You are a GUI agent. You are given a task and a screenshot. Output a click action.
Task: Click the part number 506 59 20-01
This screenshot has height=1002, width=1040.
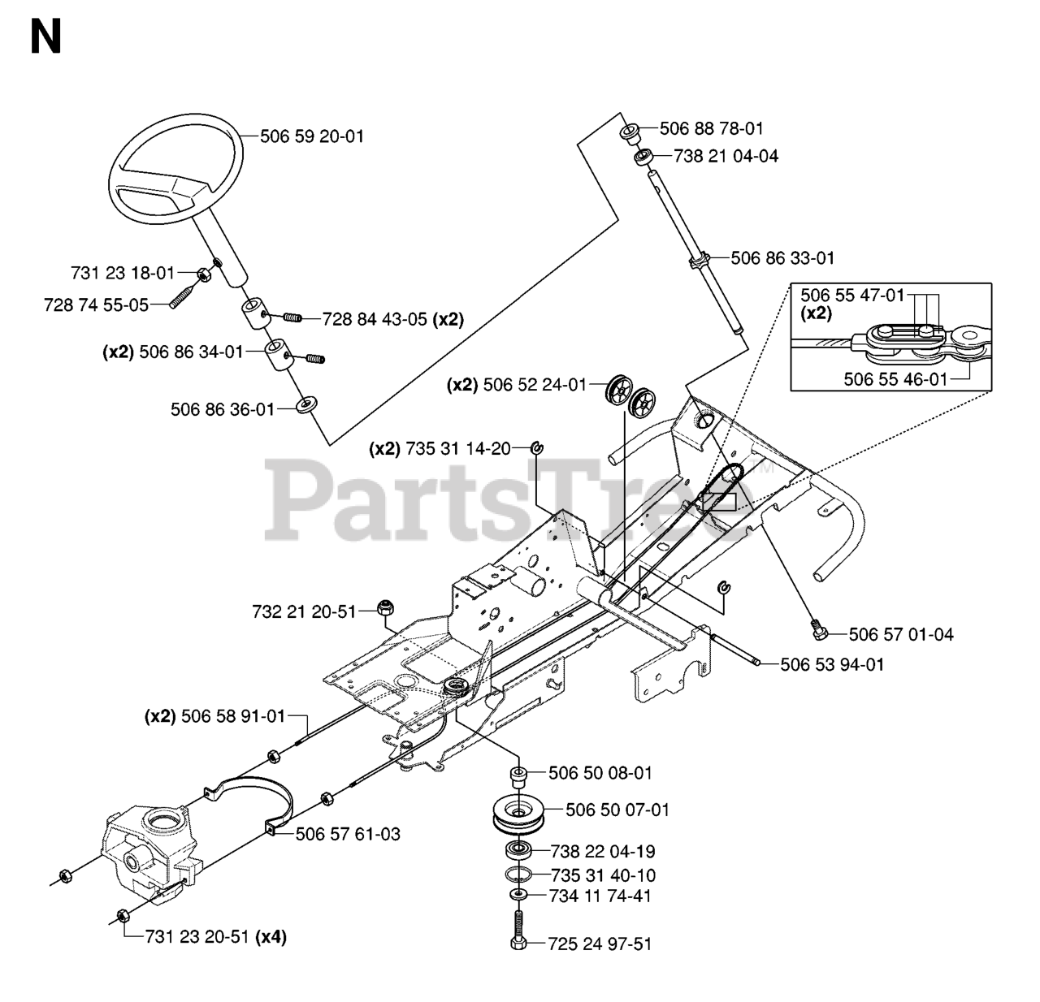pyautogui.click(x=312, y=136)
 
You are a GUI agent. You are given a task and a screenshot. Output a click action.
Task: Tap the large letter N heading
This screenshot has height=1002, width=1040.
pyautogui.click(x=46, y=37)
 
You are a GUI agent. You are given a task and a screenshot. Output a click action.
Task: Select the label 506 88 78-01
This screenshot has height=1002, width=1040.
pyautogui.click(x=712, y=128)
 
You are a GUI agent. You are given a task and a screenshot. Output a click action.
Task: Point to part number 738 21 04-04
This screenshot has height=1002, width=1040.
pyautogui.click(x=726, y=156)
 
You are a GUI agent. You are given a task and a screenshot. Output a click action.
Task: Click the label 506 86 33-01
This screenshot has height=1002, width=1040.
pyautogui.click(x=782, y=258)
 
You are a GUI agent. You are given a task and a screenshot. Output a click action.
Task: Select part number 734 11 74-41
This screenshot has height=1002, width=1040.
pyautogui.click(x=600, y=896)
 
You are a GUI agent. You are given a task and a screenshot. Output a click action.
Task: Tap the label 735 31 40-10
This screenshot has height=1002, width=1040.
pyautogui.click(x=603, y=875)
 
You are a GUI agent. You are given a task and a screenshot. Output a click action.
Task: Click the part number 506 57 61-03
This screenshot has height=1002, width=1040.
pyautogui.click(x=348, y=834)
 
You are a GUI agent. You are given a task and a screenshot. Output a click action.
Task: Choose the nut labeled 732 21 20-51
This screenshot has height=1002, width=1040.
pyautogui.click(x=385, y=607)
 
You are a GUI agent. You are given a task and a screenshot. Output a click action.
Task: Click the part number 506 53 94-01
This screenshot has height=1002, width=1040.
pyautogui.click(x=832, y=664)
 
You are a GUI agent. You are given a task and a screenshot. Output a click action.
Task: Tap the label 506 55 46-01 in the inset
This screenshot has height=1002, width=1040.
pyautogui.click(x=895, y=379)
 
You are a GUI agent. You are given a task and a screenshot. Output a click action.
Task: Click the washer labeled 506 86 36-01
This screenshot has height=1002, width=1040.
pyautogui.click(x=306, y=404)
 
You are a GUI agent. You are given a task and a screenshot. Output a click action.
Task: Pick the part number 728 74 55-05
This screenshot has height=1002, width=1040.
pyautogui.click(x=96, y=305)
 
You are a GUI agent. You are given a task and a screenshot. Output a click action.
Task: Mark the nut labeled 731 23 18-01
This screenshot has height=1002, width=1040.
pyautogui.click(x=204, y=274)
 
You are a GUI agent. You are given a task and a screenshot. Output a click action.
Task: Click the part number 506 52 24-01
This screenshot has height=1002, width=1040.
pyautogui.click(x=534, y=385)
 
